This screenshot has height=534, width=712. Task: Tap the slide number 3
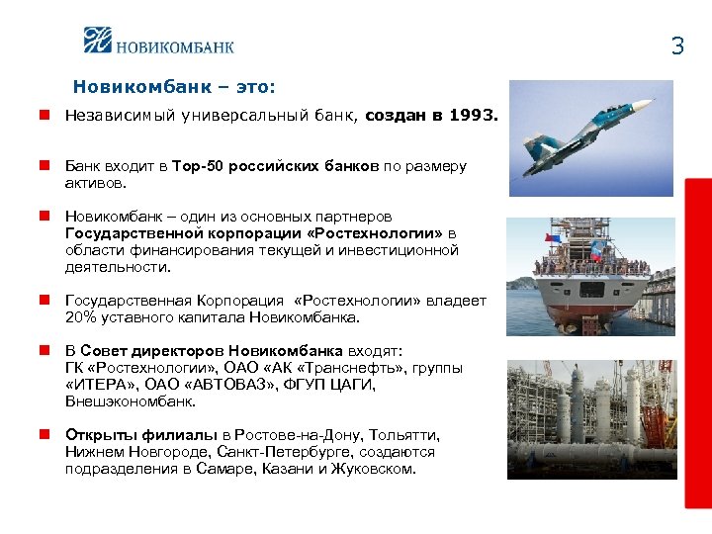[677, 45]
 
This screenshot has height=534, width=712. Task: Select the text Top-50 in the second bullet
[198, 166]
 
